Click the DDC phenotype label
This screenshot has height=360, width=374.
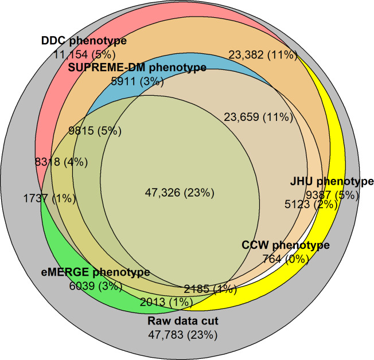pyautogui.click(x=84, y=41)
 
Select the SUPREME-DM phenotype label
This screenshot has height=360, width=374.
pyautogui.click(x=138, y=68)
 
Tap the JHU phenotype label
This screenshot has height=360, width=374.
pyautogui.click(x=332, y=182)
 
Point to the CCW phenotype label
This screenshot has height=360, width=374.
pyautogui.click(x=285, y=245)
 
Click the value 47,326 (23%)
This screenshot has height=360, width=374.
pyautogui.click(x=180, y=192)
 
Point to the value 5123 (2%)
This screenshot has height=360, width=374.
pyautogui.click(x=310, y=204)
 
